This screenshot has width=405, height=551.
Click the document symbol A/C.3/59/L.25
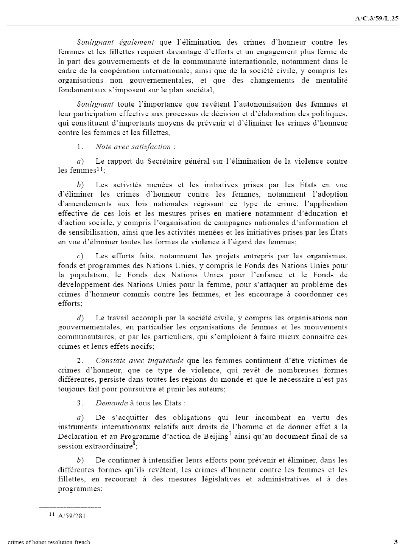pos(377,18)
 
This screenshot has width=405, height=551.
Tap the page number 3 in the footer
pos(396,542)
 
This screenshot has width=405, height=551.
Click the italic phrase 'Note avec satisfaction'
pos(133,146)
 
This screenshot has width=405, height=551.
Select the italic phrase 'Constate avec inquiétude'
pos(140,360)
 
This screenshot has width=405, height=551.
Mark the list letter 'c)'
pos(80,256)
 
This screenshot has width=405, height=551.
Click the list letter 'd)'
pos(80,318)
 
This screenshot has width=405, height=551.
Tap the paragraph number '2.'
pos(80,360)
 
